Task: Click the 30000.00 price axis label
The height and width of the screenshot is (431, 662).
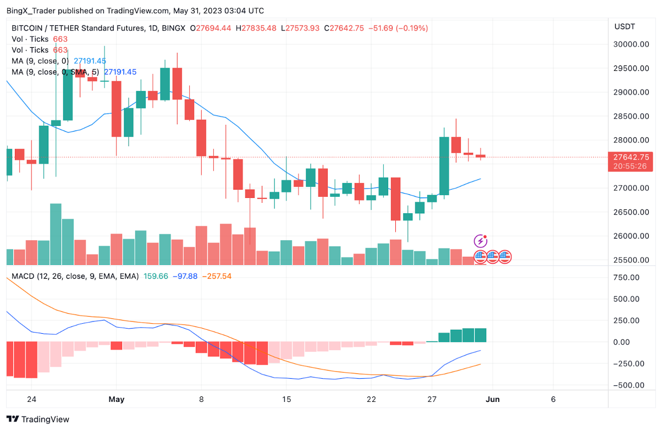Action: coord(631,45)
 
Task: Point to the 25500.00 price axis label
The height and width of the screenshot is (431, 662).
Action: coord(631,260)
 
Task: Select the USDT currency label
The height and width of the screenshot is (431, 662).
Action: coord(625,26)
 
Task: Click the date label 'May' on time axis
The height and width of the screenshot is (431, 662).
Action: coord(117,400)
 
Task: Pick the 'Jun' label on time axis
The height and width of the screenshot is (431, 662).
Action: coord(493,400)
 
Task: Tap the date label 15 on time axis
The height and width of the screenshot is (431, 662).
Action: coord(286,400)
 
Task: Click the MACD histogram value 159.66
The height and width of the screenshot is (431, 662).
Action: coord(156,276)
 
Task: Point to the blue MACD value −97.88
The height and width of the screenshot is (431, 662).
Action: coord(185,276)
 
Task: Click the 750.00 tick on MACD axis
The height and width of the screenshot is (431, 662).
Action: coord(627,278)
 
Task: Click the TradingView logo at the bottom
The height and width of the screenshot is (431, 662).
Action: coord(38,419)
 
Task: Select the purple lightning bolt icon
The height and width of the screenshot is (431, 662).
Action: coord(481,241)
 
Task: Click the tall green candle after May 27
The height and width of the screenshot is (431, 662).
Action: coord(444,165)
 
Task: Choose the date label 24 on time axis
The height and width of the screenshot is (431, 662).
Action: coord(31,400)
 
